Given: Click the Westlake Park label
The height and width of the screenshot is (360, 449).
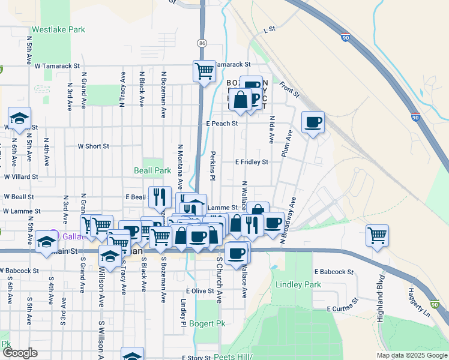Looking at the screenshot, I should pyautogui.click(x=58, y=29).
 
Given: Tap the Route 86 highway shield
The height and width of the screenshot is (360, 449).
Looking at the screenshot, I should pyautogui.click(x=202, y=43).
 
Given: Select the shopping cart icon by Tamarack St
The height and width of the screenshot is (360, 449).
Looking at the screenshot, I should pyautogui.click(x=204, y=71).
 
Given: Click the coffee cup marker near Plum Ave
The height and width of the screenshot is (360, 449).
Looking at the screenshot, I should pyautogui.click(x=313, y=122).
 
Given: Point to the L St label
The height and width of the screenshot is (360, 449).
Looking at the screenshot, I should pyautogui.click(x=268, y=29).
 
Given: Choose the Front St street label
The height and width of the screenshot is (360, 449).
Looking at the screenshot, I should pyautogui.click(x=289, y=89).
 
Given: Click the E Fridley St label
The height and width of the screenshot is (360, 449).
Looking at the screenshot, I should pyautogui.click(x=251, y=161).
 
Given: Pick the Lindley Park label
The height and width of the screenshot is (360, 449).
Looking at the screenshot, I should pyautogui.click(x=295, y=284).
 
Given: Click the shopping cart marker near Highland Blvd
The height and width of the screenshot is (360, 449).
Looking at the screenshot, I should pyautogui.click(x=377, y=236).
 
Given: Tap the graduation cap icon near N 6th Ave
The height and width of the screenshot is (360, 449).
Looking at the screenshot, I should pyautogui.click(x=19, y=118).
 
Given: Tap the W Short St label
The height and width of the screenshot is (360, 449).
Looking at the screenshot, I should pyautogui.click(x=93, y=146).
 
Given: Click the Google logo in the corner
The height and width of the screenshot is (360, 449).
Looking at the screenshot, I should pyautogui.click(x=19, y=353).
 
